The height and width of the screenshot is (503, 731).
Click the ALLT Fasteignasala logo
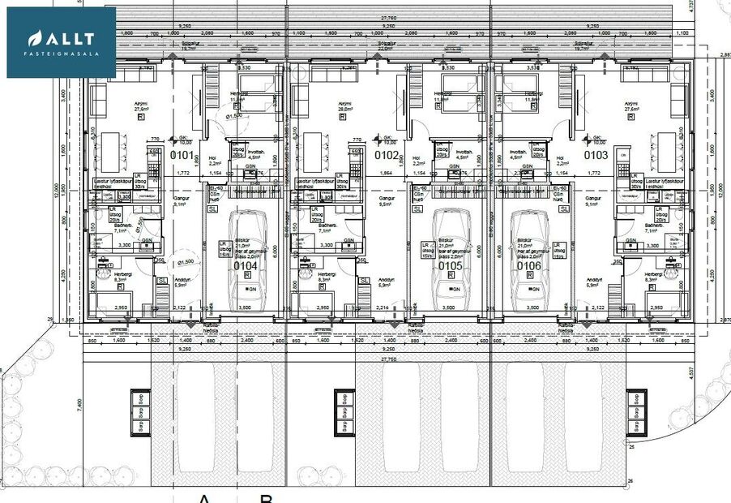click(x=62, y=42)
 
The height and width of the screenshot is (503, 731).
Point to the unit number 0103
click(x=595, y=155)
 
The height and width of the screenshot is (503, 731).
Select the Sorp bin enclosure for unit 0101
click(x=139, y=411)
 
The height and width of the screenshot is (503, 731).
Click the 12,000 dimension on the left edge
click(x=57, y=191)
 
